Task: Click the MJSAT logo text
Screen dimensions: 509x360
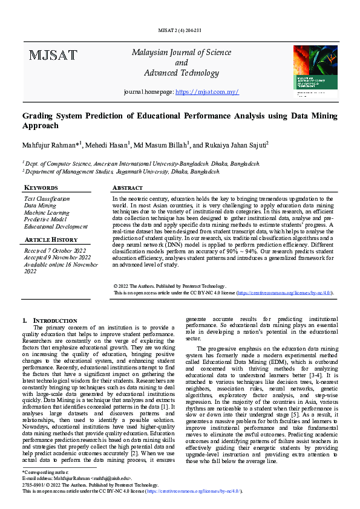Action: tap(53, 56)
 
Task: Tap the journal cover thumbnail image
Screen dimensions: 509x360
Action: tap(315, 73)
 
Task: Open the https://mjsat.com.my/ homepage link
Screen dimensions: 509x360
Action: tap(206, 92)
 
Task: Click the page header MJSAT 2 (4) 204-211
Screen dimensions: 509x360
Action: tap(180, 30)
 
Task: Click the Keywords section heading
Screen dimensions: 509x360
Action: tap(41, 188)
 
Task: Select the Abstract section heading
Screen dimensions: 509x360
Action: tap(128, 188)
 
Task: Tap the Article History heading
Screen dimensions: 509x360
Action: tap(51, 240)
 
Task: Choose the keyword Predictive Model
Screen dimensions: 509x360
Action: tap(46, 219)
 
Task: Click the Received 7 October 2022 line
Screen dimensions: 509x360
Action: tap(55, 250)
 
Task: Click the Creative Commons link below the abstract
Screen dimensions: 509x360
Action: tap(284, 293)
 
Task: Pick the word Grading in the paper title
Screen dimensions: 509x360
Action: tap(38, 116)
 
